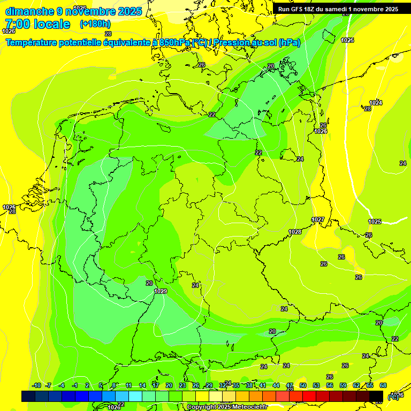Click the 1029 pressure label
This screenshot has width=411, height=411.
click(161, 291)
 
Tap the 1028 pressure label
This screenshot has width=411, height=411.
click(295, 232)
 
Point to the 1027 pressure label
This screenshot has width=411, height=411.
click(318, 219)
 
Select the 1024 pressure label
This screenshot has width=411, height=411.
click(376, 103)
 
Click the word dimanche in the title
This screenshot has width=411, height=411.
click(29, 11)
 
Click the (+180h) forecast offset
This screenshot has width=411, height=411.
click(95, 24)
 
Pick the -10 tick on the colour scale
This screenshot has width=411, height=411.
click(36, 385)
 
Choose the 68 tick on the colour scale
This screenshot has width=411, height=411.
click(383, 385)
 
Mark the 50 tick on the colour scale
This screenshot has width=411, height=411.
click(303, 385)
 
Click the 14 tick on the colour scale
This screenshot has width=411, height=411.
click(142, 385)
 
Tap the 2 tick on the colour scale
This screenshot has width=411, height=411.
click(88, 385)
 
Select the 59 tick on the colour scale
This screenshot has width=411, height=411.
click(343, 385)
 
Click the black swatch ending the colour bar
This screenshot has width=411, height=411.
click(376, 396)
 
